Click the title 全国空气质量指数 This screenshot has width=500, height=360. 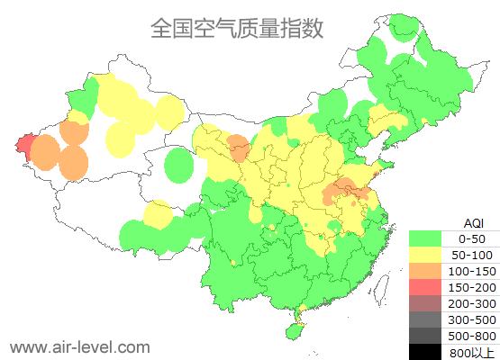(237, 28)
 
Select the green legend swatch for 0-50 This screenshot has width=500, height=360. (425, 238)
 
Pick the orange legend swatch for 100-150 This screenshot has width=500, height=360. (425, 271)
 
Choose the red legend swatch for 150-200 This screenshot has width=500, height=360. (425, 287)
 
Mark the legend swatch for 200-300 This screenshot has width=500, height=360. (425, 303)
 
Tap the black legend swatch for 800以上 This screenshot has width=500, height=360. (425, 352)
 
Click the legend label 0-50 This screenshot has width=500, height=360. (472, 238)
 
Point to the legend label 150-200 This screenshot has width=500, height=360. (472, 287)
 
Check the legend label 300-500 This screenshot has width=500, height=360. (472, 319)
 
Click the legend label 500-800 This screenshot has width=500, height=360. (472, 336)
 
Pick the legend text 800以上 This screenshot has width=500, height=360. (472, 352)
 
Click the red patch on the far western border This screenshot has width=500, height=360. (23, 145)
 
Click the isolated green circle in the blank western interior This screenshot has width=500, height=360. (181, 166)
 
